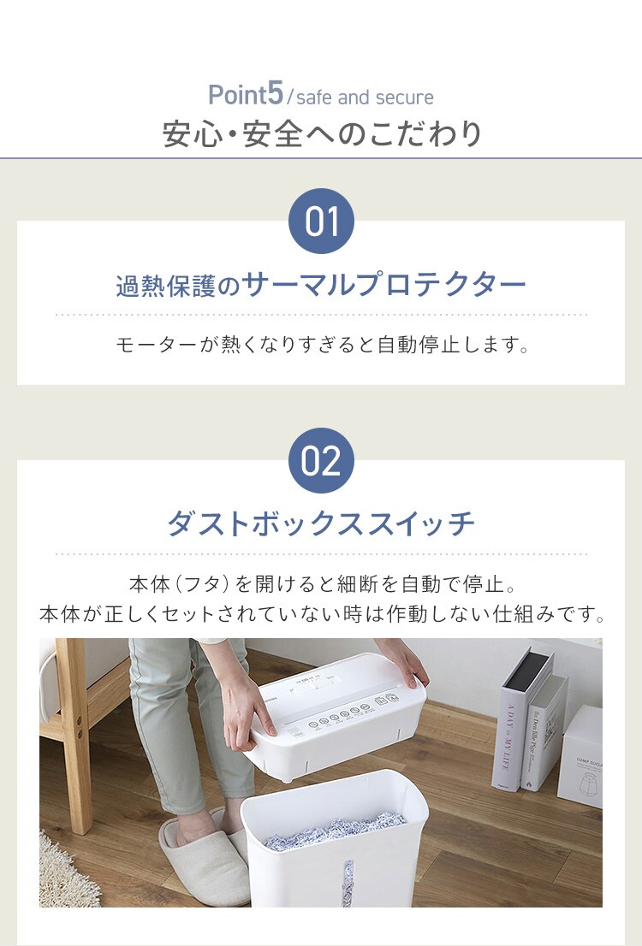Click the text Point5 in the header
coord(245,95)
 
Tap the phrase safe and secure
coord(365,98)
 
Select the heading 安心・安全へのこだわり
coord(323,134)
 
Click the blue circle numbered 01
coord(321,222)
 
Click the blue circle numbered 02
coord(321,461)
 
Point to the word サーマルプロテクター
coord(384,285)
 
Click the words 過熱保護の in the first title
coord(178,287)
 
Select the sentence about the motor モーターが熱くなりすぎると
coord(322,345)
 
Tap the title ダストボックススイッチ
coord(321,523)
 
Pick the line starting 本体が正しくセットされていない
coord(321,615)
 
